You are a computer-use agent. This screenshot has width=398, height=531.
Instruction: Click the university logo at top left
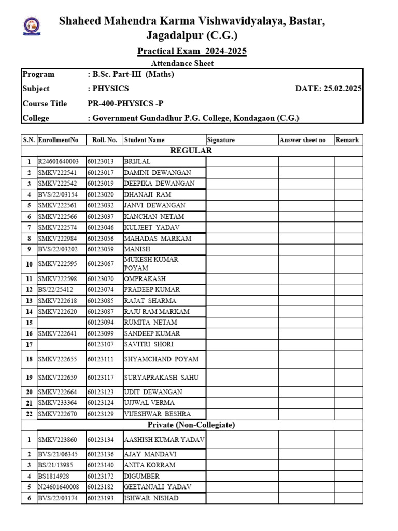[x=29, y=26]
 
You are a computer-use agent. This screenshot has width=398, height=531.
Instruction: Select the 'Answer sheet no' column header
[x=303, y=140]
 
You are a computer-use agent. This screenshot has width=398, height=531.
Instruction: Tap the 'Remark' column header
[x=347, y=140]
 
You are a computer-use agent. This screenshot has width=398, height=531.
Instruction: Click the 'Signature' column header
[x=221, y=140]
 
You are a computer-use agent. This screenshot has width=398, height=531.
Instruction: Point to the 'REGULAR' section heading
[x=192, y=150]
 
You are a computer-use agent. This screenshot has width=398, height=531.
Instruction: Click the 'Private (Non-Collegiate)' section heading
[x=191, y=425]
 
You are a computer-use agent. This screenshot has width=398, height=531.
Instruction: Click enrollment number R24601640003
[x=58, y=162]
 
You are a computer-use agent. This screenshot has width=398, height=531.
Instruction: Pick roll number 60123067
[x=102, y=264]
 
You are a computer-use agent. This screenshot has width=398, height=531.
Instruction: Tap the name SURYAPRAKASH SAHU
[x=161, y=378]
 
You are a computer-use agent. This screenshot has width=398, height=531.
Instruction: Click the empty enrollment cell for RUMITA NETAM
[x=61, y=323]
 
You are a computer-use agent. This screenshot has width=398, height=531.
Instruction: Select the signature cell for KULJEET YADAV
[x=241, y=228]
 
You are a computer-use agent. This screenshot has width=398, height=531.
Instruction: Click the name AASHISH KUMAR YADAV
[x=164, y=440]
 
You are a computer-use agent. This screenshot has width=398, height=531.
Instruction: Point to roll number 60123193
[x=102, y=498]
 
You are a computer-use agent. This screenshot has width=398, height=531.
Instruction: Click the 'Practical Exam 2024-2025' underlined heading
[x=192, y=51]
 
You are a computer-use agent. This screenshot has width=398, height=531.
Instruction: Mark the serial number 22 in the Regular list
[x=29, y=414]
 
